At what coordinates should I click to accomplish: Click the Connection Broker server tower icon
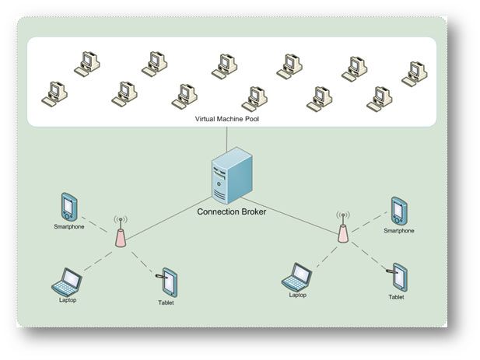click(231, 178)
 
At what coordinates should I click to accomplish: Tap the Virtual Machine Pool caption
click(228, 121)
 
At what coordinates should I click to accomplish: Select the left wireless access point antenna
click(120, 232)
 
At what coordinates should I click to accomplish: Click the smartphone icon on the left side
click(68, 207)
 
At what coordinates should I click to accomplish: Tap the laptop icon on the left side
click(68, 281)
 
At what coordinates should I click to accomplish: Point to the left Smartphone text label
click(68, 226)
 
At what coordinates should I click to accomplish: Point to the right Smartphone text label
click(399, 230)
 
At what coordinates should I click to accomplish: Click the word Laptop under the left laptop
click(68, 299)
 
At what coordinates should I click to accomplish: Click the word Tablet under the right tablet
click(397, 297)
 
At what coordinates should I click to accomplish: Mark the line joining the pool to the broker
click(227, 138)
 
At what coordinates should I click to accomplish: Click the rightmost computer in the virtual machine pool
click(414, 73)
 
